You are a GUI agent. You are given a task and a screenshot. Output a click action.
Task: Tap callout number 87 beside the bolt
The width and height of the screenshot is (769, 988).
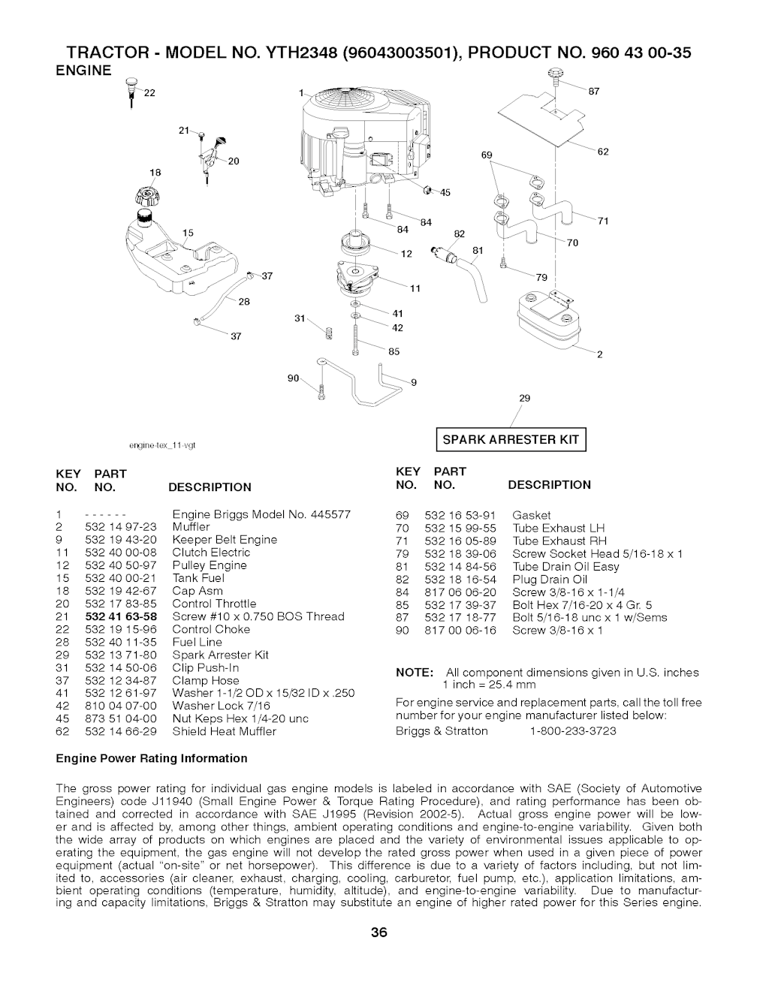(x=593, y=92)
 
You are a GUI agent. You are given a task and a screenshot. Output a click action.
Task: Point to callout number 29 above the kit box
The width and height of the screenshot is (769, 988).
(x=525, y=399)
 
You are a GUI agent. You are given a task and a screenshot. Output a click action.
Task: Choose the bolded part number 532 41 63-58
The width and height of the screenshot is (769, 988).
(x=121, y=616)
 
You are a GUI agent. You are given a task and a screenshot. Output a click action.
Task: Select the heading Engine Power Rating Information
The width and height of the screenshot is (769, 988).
(x=152, y=758)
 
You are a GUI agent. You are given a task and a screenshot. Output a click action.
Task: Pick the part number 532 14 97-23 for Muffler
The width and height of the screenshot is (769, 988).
(x=121, y=527)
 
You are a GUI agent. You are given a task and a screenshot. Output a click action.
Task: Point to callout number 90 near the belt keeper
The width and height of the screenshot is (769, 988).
(x=294, y=377)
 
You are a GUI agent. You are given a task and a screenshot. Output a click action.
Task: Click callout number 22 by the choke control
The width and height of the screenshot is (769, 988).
(x=149, y=92)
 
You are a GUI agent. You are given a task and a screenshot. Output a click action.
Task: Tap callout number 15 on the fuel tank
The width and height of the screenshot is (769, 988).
(x=187, y=233)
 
